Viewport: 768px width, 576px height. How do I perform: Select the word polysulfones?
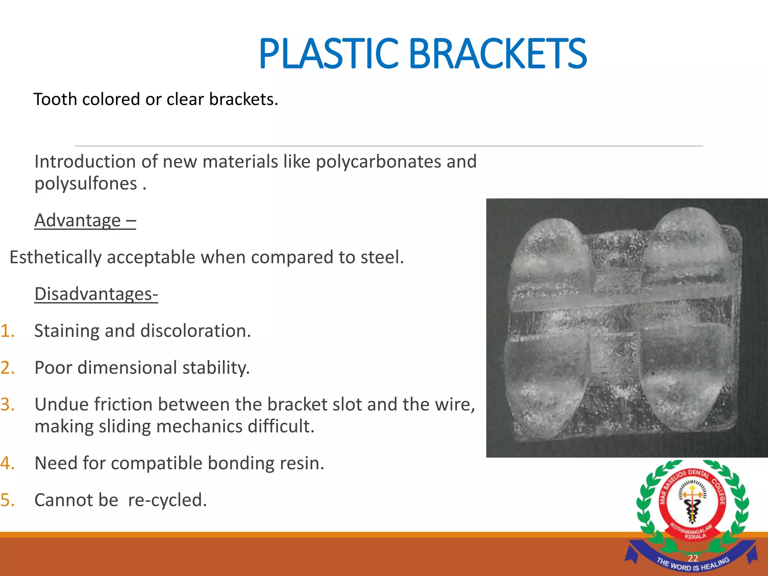[86, 184]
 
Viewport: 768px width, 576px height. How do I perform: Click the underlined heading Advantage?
[78, 220]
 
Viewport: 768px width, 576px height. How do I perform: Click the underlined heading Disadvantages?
[96, 294]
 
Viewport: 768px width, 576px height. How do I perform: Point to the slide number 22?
[693, 558]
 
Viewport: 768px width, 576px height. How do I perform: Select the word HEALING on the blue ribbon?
[714, 564]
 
